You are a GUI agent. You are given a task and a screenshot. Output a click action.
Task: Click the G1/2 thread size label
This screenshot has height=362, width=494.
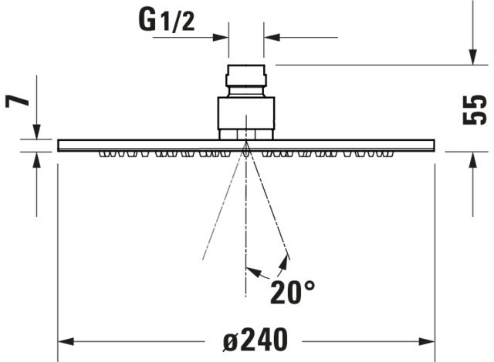pyautogui.click(x=167, y=21)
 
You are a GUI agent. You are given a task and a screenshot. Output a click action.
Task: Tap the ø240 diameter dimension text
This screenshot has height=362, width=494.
pyautogui.click(x=255, y=340)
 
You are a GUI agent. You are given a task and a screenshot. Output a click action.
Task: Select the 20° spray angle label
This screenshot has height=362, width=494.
pyautogui.click(x=293, y=292)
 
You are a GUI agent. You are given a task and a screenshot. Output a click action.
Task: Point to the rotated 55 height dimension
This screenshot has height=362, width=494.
pyautogui.click(x=475, y=109)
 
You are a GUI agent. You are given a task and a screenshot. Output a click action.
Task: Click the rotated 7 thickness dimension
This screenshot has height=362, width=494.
pyautogui.click(x=17, y=101)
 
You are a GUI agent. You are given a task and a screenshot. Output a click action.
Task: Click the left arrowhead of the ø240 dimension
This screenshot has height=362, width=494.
pyautogui.click(x=66, y=341)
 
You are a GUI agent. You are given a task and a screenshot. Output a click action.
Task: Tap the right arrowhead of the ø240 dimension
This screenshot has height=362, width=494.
pyautogui.click(x=427, y=341)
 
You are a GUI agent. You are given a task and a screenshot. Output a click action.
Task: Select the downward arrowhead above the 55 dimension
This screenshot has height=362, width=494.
pyautogui.click(x=472, y=57)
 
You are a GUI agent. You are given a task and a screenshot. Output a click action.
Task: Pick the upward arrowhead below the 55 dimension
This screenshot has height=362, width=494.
pyautogui.click(x=472, y=159)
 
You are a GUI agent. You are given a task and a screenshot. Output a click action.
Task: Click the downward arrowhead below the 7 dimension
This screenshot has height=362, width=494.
pyautogui.click(x=36, y=132)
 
